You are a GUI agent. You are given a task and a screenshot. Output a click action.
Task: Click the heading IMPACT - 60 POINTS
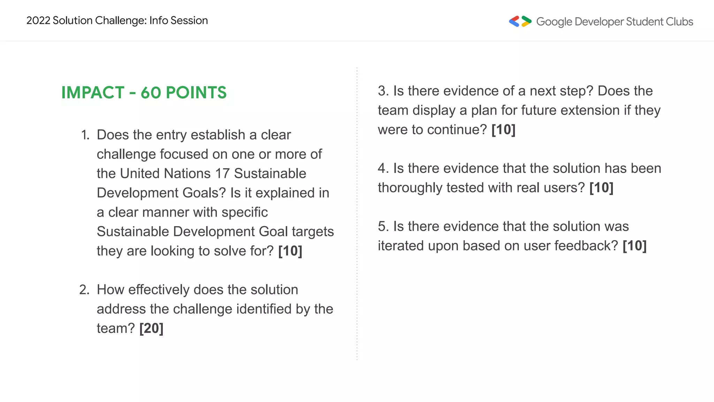pos(144,93)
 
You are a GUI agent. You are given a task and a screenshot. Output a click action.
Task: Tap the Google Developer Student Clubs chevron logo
pos(520,22)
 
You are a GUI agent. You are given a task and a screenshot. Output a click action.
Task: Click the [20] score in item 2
pos(151,328)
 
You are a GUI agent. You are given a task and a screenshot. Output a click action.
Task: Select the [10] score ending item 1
pos(290,251)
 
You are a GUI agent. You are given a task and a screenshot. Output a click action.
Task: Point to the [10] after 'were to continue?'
pos(503,130)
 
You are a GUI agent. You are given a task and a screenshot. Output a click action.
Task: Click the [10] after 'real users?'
pos(601,188)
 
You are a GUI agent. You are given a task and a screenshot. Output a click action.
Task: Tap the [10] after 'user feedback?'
pos(635,246)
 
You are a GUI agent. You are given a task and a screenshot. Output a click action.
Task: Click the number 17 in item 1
pos(222,173)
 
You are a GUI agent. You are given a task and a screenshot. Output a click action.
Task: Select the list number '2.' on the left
pos(84,290)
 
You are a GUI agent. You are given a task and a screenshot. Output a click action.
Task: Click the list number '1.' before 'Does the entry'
pos(85,135)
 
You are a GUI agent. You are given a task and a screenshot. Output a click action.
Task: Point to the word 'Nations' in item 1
pos(187,173)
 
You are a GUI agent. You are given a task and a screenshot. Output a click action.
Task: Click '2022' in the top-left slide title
pos(38,21)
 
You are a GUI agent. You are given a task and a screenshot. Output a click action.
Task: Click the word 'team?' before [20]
pos(116,328)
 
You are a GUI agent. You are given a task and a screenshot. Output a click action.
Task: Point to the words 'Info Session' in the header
pos(178,21)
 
